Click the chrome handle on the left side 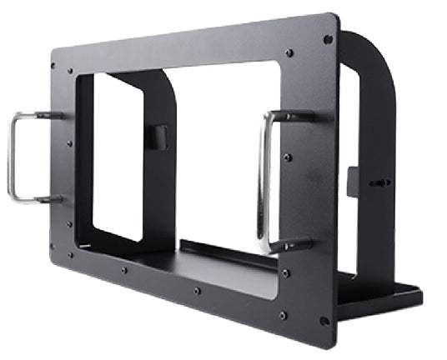point(12,158)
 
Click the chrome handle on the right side point(265,179)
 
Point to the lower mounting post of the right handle point(296,245)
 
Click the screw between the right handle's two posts point(289,157)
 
